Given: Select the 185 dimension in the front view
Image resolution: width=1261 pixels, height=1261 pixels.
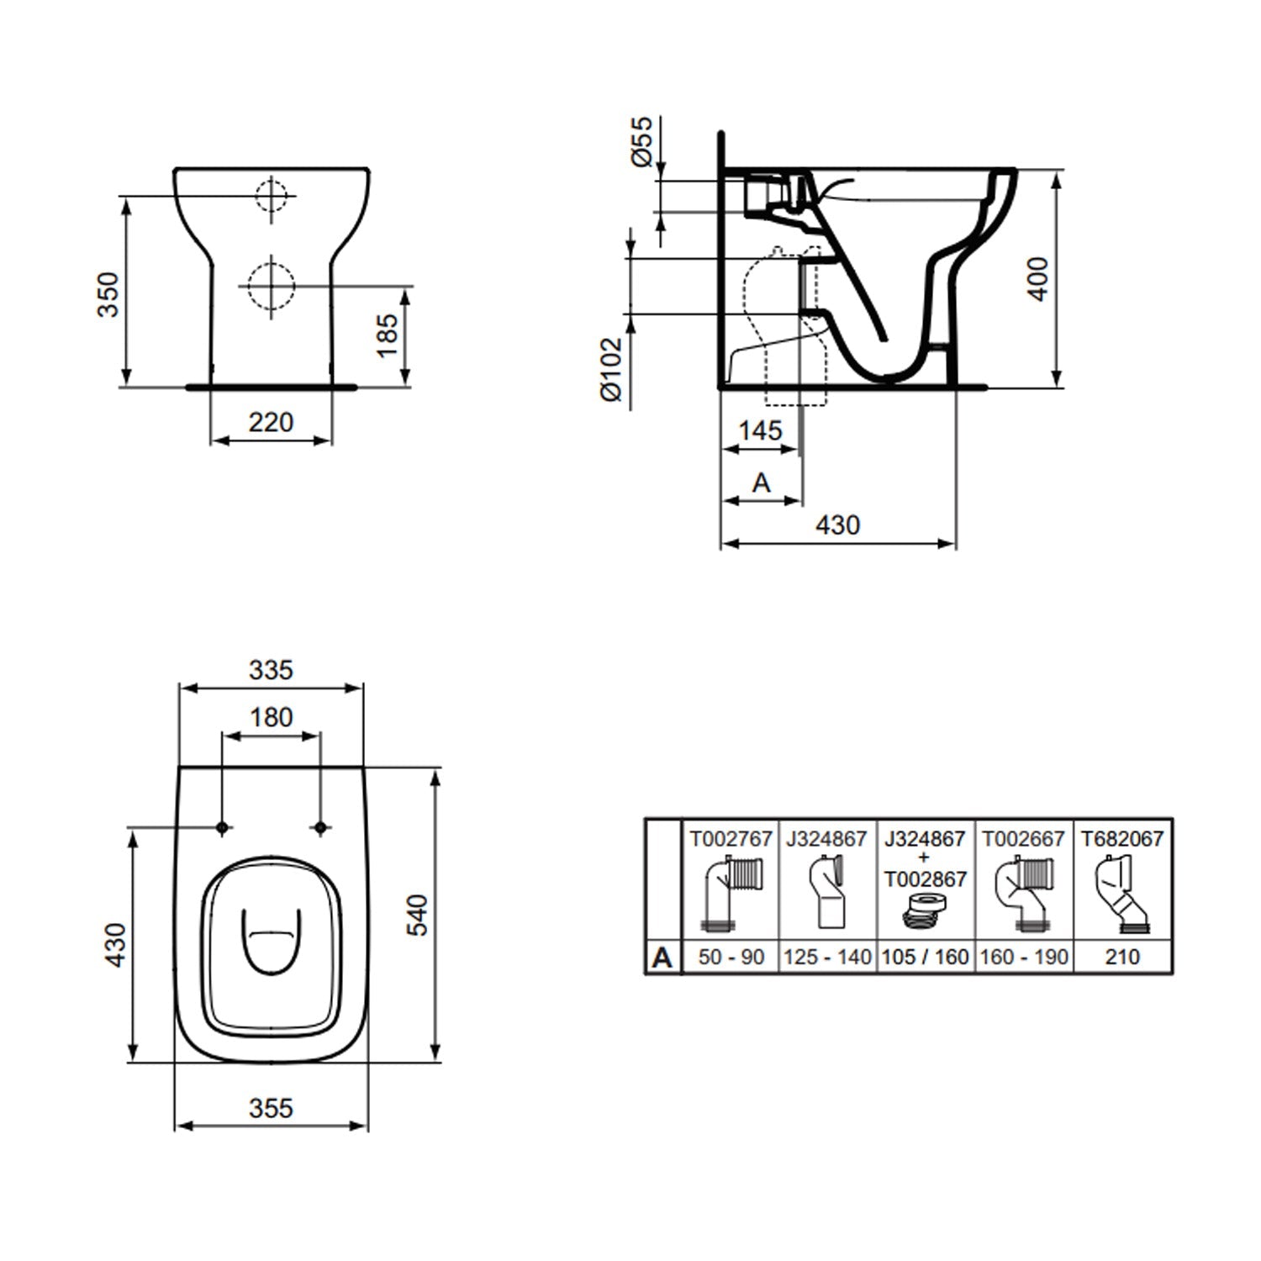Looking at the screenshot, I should coord(388,335).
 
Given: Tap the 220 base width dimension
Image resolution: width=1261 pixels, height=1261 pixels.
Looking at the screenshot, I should coord(271,422).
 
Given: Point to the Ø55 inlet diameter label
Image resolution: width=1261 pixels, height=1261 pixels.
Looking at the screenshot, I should coord(641,141).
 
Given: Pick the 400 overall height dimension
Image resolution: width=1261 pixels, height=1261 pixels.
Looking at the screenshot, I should coord(1039,279).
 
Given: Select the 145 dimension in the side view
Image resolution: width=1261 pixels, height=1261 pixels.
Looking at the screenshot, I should coord(760,430).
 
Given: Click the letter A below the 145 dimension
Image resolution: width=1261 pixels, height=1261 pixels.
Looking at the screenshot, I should coord(761,483).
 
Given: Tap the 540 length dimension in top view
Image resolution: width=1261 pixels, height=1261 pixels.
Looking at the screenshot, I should coord(418,915).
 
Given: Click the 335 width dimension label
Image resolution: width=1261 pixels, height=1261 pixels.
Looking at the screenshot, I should coord(271,670).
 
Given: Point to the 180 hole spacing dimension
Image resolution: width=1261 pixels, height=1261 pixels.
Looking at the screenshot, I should coord(271,717).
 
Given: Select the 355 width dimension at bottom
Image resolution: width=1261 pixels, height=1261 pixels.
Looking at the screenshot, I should coord(271,1108).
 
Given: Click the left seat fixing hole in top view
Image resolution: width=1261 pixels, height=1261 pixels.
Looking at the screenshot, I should coord(223,828).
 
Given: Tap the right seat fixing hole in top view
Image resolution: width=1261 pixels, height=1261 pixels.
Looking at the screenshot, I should coord(319,828).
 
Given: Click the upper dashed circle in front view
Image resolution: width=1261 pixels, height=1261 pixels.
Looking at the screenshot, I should coord(271,197).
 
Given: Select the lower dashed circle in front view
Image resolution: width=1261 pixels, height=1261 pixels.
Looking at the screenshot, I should coord(271,286).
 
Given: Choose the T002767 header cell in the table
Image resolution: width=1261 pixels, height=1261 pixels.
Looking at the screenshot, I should coord(731,839).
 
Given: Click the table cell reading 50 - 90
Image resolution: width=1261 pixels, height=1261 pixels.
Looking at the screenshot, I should coord(731,957).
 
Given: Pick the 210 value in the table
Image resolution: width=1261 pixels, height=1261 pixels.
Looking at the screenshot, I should coord(1122,957).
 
